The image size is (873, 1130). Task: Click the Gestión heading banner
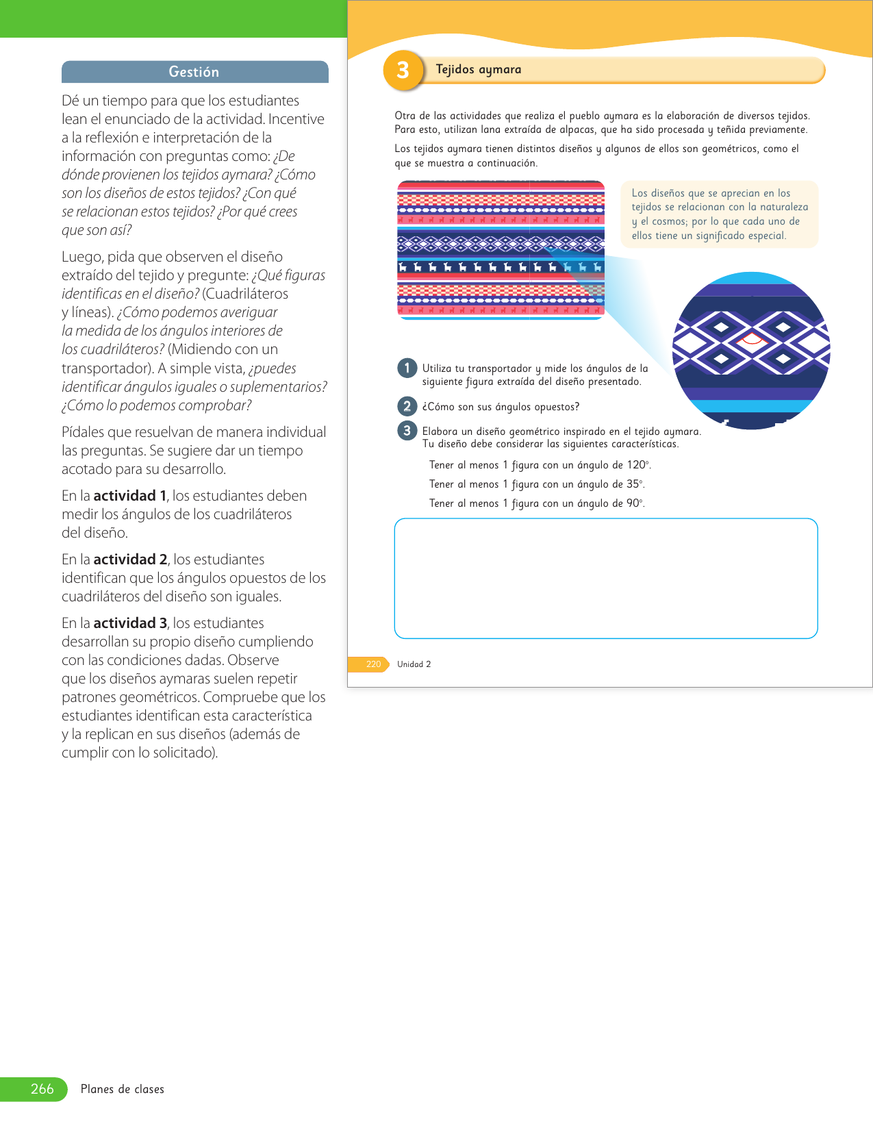[x=194, y=72]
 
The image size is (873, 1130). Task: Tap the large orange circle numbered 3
[x=403, y=70]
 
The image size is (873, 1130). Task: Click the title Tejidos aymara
[x=479, y=69]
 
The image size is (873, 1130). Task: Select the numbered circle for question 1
[x=407, y=368]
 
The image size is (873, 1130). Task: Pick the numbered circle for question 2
[x=407, y=407]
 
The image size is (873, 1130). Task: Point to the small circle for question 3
[x=407, y=431]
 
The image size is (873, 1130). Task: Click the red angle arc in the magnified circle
[x=752, y=338]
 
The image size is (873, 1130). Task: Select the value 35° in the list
[x=635, y=484]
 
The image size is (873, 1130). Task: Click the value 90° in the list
[x=635, y=503]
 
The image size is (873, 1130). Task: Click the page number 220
[x=373, y=664]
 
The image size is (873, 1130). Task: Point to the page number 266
[x=42, y=1089]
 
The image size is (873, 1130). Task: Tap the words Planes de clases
[x=123, y=1089]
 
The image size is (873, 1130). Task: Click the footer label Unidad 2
[x=414, y=664]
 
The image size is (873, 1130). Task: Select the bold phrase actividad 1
[x=130, y=496]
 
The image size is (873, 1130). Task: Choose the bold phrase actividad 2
[x=130, y=560]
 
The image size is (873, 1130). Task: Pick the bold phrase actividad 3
[x=130, y=623]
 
